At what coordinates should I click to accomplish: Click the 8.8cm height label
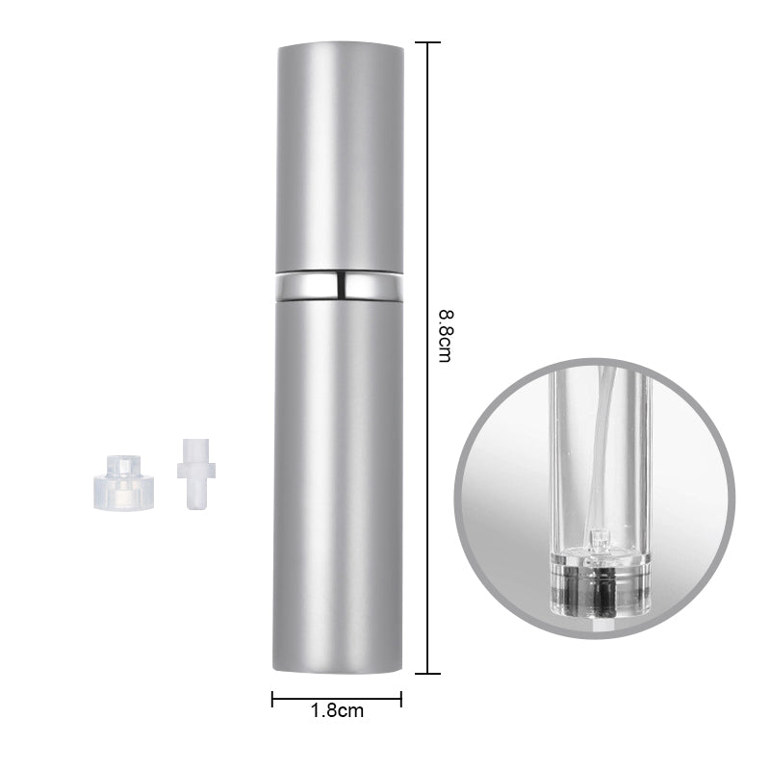[444, 336]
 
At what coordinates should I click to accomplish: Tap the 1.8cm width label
[337, 712]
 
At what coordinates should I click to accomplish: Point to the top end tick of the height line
[427, 42]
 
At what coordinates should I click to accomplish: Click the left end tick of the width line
[272, 699]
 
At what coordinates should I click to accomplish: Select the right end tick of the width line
[400, 699]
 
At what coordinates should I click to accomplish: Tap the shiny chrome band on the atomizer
[337, 286]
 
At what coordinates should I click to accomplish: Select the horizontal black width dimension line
[337, 699]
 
